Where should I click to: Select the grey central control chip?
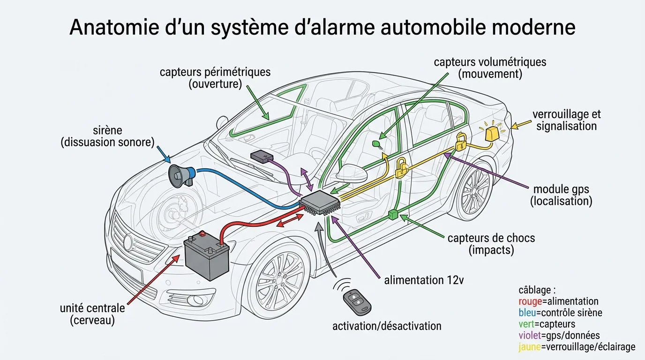pyautogui.click(x=319, y=203)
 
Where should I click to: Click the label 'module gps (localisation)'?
pyautogui.click(x=561, y=195)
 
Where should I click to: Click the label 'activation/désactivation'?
pyautogui.click(x=387, y=326)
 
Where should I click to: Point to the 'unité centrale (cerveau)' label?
pyautogui.click(x=92, y=314)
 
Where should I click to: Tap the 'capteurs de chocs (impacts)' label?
pyautogui.click(x=491, y=244)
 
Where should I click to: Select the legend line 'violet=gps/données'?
pyautogui.click(x=559, y=336)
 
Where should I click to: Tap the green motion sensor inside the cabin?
pyautogui.click(x=376, y=142)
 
